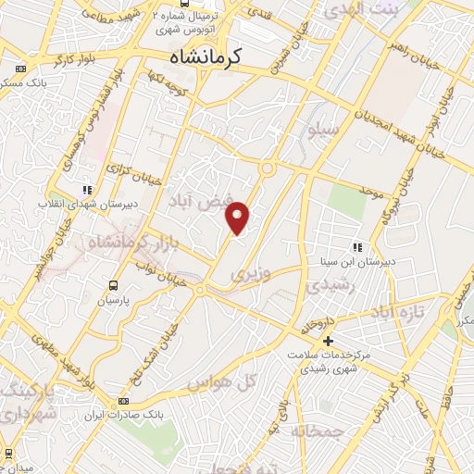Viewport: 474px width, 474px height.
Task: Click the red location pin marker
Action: coord(239,218)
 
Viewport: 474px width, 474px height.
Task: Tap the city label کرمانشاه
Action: coord(206,57)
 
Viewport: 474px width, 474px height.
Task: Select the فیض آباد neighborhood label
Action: coord(192,198)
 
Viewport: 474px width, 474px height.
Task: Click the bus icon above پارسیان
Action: coord(114,285)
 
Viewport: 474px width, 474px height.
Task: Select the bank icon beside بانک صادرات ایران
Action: coord(123,401)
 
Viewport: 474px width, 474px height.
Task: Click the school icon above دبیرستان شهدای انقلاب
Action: coord(87,189)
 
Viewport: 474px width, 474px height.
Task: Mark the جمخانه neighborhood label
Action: coord(317,431)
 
